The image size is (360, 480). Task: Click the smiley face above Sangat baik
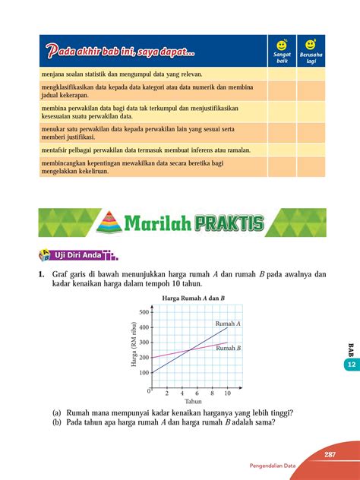282,45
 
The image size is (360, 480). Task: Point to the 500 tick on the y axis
144,312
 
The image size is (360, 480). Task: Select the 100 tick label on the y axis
144,373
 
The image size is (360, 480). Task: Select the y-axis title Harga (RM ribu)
134,349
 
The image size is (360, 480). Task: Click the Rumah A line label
229,324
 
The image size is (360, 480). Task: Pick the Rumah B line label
229,348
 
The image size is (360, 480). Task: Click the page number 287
329,454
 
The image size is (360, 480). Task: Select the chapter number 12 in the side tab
352,365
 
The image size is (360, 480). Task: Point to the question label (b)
57,424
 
